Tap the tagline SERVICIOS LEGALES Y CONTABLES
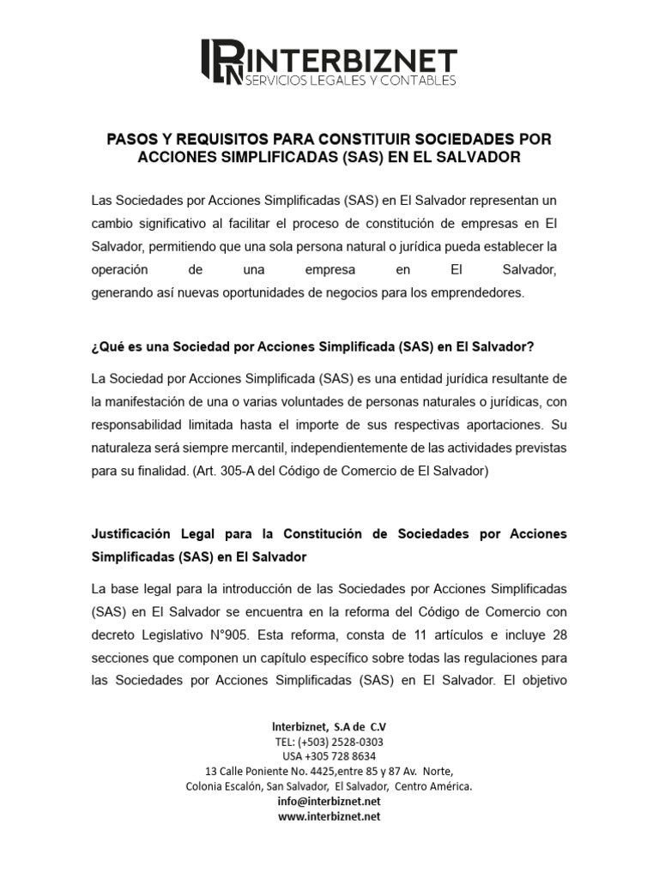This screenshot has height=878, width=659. (350, 80)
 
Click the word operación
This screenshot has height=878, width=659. (121, 270)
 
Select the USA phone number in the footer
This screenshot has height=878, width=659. (329, 756)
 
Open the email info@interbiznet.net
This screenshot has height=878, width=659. (329, 801)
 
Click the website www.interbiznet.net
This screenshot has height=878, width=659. (329, 815)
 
